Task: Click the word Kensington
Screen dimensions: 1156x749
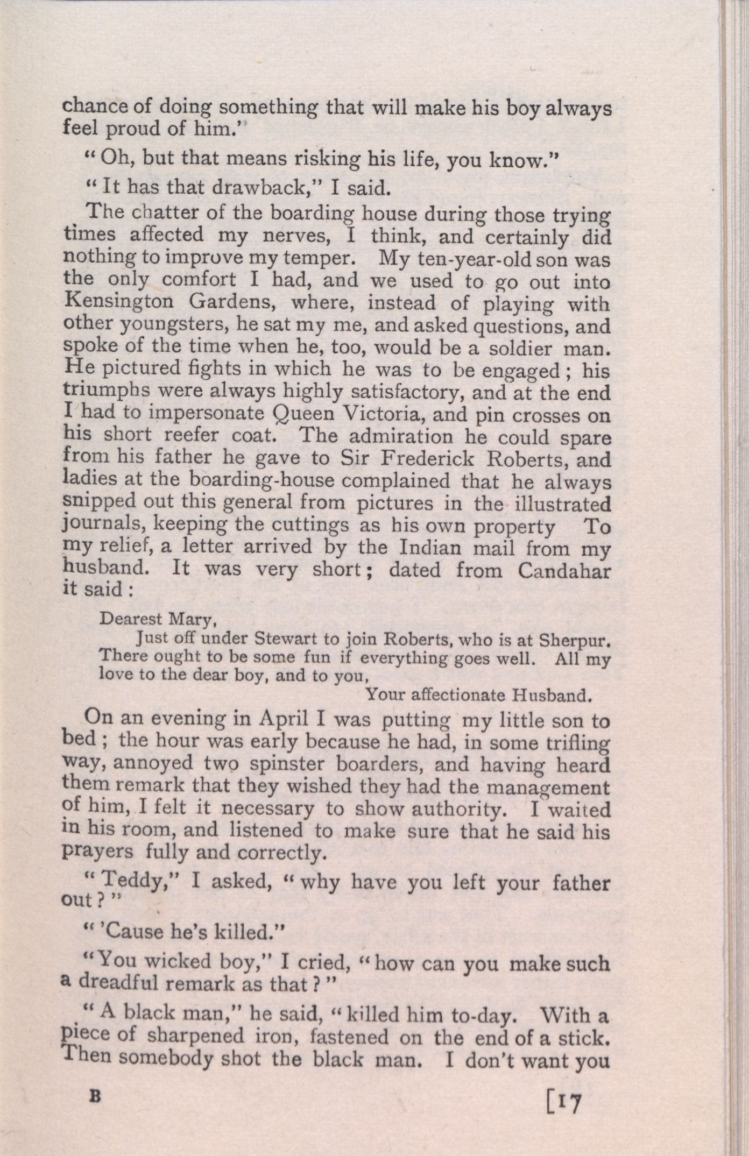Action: point(118,302)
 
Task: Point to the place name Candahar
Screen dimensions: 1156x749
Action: point(564,571)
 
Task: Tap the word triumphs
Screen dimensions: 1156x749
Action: point(104,391)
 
